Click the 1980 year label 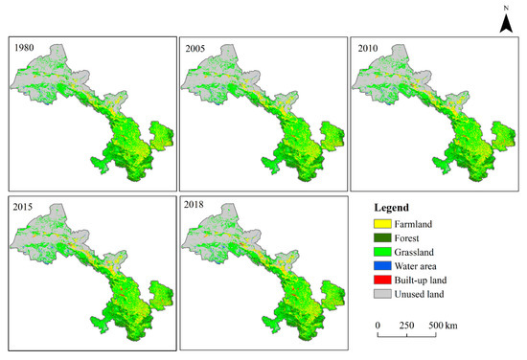(x=24, y=46)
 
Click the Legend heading (x=393, y=208)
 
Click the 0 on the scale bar (x=378, y=326)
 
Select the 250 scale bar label (x=406, y=326)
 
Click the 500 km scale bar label (x=442, y=326)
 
